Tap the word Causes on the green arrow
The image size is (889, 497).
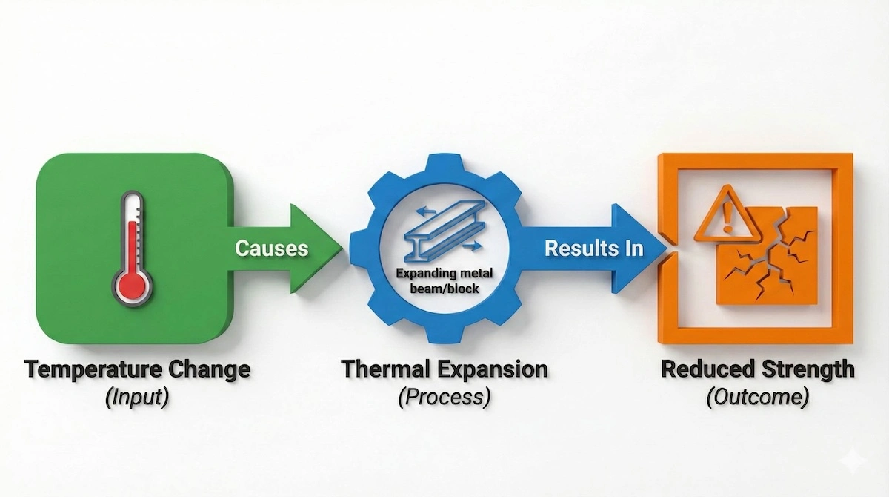point(271,248)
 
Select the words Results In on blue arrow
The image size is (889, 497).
point(593,249)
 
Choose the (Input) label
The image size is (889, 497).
point(137,398)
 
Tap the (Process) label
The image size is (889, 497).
point(444,398)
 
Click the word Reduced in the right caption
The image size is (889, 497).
point(707,369)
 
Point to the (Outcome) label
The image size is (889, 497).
point(756,398)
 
